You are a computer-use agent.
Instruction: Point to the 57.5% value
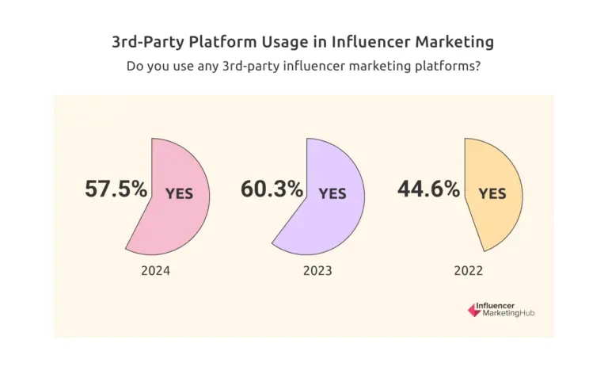coord(116,189)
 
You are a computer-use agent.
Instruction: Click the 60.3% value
coord(272,189)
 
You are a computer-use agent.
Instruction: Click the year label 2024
coord(155,271)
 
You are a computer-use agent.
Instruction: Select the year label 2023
coord(317,271)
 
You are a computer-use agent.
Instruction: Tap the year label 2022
coord(469,271)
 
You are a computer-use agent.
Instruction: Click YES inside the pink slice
coord(179,193)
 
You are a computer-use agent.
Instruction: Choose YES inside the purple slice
coord(332,193)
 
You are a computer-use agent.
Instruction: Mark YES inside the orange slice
coord(492,193)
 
